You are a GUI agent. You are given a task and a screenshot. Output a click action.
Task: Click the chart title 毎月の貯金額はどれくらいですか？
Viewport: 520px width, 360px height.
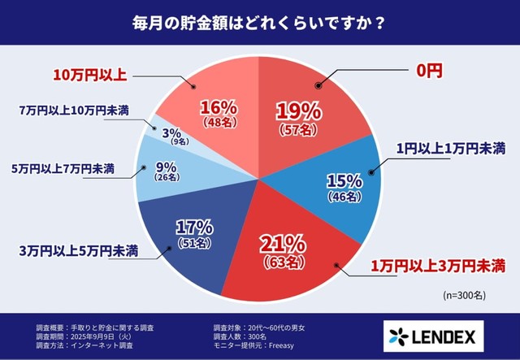point(259,22)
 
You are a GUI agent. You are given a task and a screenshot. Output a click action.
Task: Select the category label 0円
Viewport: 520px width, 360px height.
point(428,72)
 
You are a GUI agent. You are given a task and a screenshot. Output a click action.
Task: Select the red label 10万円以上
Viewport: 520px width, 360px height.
point(90,74)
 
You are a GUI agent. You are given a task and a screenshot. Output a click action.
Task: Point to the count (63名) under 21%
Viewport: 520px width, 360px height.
point(282,263)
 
